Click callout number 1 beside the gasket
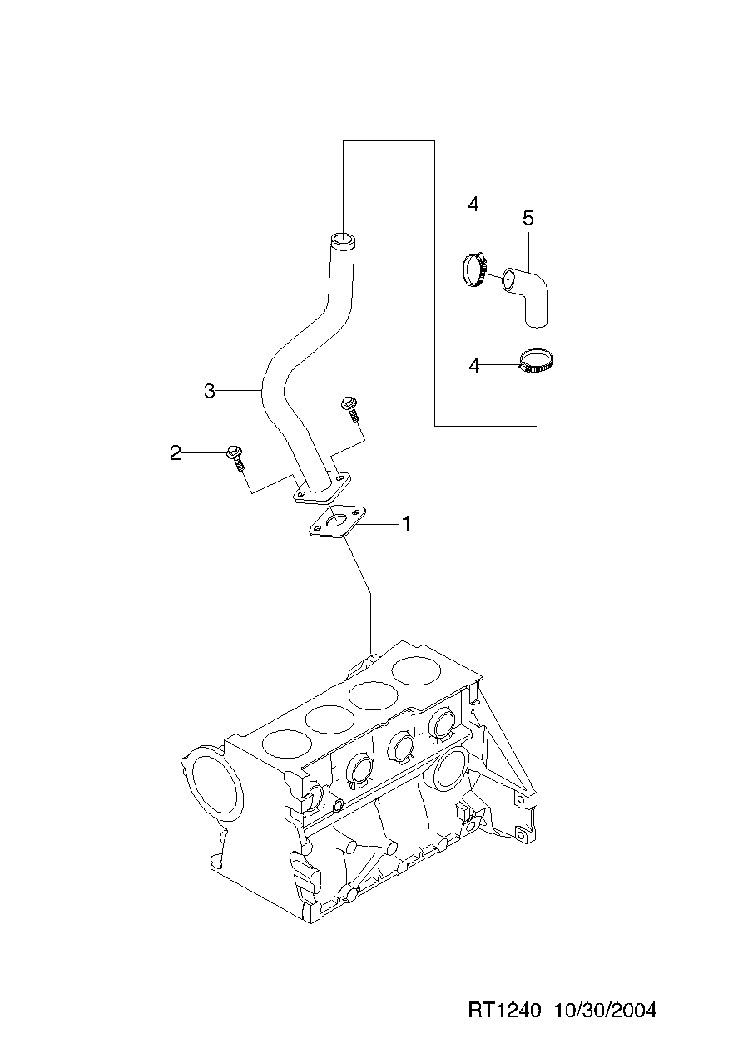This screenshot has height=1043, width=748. pos(406,524)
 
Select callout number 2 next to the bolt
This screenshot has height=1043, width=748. pos(176,453)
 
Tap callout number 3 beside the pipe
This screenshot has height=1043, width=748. pos(210,391)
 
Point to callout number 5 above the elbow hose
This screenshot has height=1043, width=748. pos(528,218)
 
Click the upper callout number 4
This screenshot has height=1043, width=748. pos(473,204)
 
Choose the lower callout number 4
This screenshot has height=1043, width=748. pos(474,365)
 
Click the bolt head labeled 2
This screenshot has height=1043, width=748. pos(233,453)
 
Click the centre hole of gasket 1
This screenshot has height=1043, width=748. pos(337,522)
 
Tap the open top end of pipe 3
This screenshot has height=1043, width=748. pos(341,241)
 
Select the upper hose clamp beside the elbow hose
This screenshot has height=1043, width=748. pos(475,270)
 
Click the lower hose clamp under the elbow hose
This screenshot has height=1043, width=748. pos(537,362)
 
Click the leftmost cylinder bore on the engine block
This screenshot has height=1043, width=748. pos(285,742)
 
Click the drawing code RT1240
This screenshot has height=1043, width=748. pos(505,1010)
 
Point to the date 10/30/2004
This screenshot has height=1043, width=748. pos(605,1010)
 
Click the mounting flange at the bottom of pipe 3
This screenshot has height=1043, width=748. pos(322,491)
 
